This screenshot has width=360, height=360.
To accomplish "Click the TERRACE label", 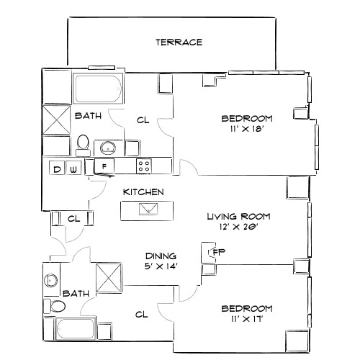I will (x=179, y=42).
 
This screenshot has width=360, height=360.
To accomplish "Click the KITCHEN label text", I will (x=144, y=192).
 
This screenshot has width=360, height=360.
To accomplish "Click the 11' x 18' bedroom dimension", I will (x=246, y=130).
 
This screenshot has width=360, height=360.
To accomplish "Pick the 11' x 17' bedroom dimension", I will (x=247, y=320).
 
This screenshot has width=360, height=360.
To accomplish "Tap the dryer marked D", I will (x=57, y=169).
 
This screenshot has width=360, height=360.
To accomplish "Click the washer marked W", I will (x=73, y=169).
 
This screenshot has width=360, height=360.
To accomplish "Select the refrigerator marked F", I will (x=104, y=167).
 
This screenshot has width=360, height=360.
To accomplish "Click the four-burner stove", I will (x=144, y=166).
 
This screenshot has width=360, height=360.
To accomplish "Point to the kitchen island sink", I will (x=148, y=210).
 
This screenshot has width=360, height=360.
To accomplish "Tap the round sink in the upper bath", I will (x=107, y=148).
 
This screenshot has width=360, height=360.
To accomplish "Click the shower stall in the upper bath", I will (x=55, y=119).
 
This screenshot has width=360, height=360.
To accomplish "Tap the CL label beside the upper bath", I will (x=143, y=120).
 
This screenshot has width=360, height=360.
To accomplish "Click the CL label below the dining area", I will (x=142, y=314).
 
